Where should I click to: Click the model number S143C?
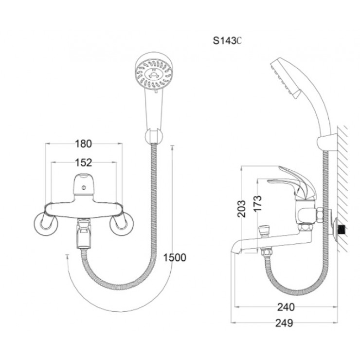pos(227,41)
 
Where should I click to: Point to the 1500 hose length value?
pos(176,258)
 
